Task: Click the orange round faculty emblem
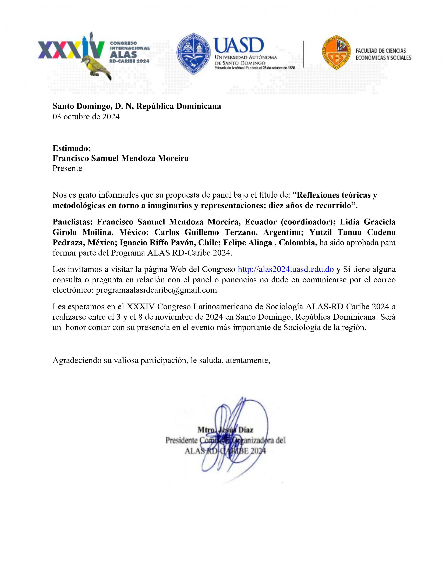(336, 52)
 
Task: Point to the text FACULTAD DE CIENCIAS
(380, 51)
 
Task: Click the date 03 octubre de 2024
(86, 117)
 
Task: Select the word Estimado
(71, 148)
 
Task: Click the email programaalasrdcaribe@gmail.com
(156, 290)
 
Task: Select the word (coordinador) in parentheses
(308, 222)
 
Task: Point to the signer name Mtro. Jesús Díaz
(225, 430)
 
